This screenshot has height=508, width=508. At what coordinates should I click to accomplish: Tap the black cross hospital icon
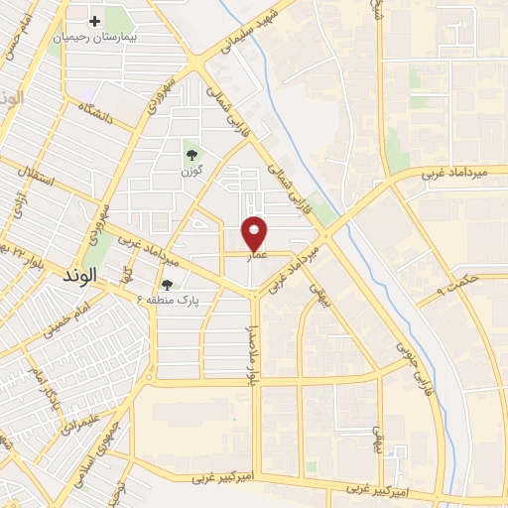(95, 20)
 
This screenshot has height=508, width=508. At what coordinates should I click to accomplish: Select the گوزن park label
(191, 170)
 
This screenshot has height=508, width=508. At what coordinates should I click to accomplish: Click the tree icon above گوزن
(190, 153)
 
